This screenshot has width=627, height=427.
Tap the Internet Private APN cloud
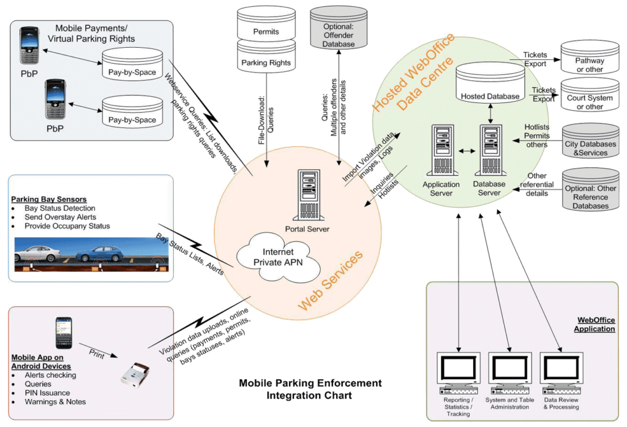click(x=279, y=257)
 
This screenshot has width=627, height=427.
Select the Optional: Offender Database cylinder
click(x=339, y=27)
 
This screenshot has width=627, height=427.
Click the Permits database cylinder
click(x=266, y=23)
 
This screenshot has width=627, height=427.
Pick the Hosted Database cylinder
click(x=490, y=83)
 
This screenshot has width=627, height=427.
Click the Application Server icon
click(x=442, y=150)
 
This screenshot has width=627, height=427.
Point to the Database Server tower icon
click(x=490, y=150)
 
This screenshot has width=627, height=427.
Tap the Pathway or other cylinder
click(x=590, y=57)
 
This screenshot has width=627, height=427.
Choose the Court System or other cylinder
click(x=590, y=94)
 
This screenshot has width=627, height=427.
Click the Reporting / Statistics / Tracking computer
click(x=458, y=373)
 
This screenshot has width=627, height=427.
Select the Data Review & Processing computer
click(x=561, y=373)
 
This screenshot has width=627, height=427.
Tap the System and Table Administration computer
click(x=510, y=373)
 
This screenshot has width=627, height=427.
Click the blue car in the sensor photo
click(x=100, y=254)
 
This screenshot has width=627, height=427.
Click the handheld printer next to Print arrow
click(x=135, y=374)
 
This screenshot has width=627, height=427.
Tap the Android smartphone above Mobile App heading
click(x=64, y=333)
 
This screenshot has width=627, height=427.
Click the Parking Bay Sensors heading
click(x=49, y=199)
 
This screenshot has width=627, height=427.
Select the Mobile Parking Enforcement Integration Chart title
click(x=310, y=389)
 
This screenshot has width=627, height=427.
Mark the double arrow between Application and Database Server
click(x=467, y=151)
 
